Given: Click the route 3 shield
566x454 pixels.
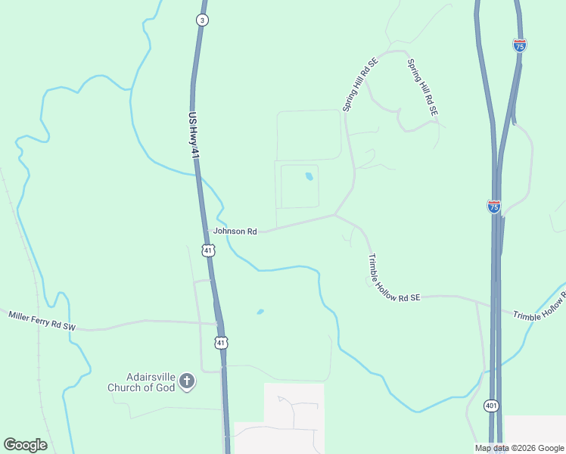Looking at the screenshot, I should pos(201,20).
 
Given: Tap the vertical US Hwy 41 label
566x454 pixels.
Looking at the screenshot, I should pos(195,135).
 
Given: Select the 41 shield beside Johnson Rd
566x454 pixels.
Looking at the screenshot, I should pos(207,249).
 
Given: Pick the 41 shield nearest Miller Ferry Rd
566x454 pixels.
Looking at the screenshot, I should pos(221,343).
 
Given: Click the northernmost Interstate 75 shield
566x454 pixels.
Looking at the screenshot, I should pos(519,45).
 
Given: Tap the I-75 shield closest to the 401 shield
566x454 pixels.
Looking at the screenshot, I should pos(493,206).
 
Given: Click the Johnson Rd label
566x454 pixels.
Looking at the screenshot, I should pos(235,231).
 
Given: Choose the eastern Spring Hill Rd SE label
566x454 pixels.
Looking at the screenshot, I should pos(422,87).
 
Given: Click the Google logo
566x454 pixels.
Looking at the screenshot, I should pos(25,445).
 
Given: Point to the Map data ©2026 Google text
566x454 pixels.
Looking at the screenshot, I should pos(519,448).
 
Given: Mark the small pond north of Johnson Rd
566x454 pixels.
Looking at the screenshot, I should pos(309,177).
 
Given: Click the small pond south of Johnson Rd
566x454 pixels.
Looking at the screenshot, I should pos(260,311).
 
